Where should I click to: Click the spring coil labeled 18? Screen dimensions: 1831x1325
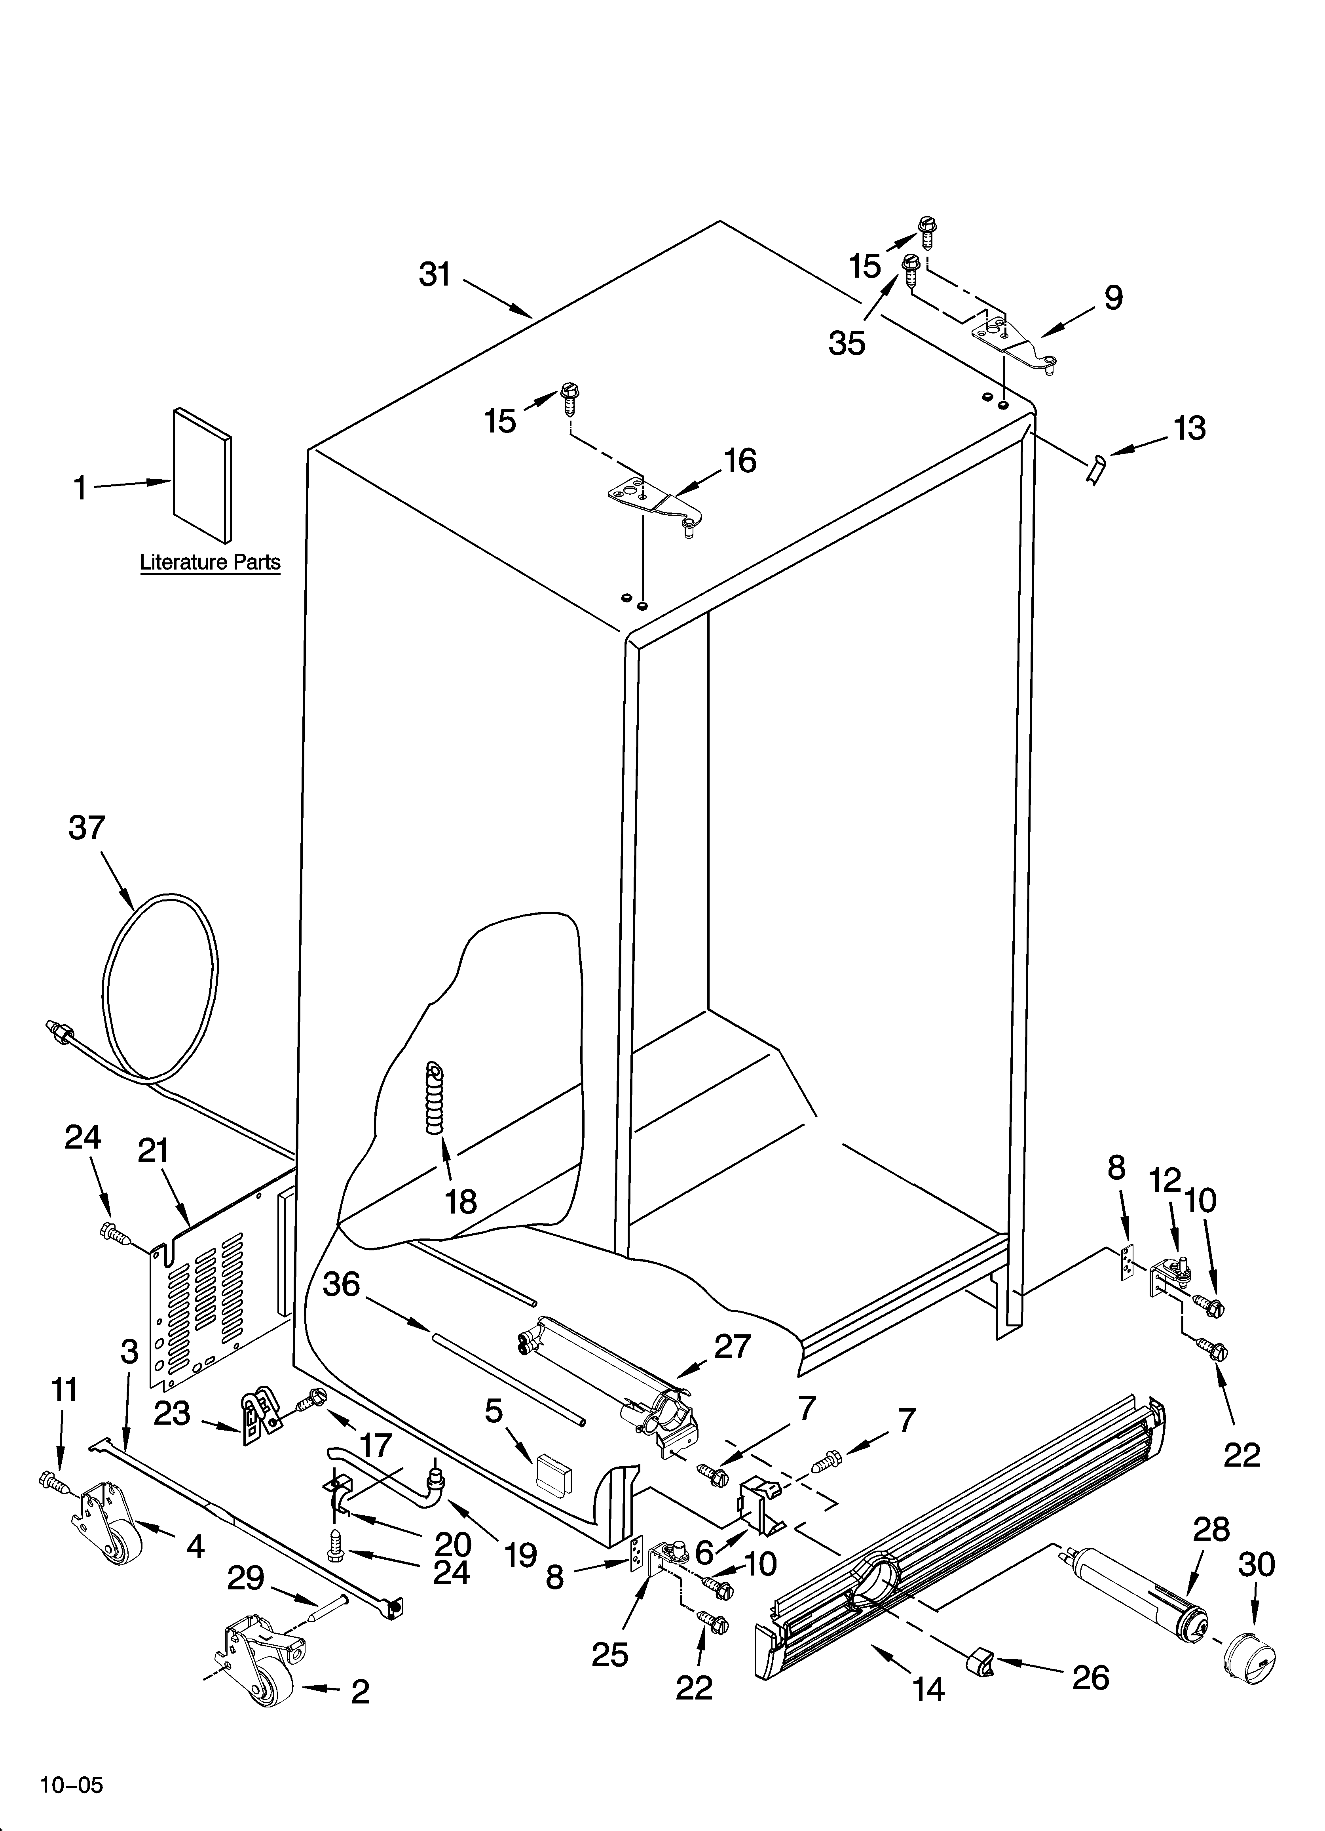point(436,1099)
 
